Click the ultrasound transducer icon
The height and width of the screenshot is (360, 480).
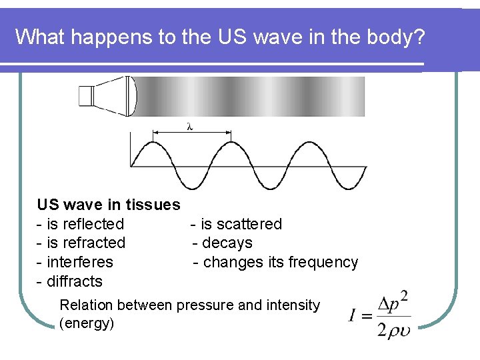click(107, 96)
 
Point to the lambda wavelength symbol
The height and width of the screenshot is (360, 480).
click(190, 127)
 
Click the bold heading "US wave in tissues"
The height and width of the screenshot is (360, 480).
click(109, 205)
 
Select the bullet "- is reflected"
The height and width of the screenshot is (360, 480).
click(81, 224)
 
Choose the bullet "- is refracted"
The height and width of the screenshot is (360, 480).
click(81, 243)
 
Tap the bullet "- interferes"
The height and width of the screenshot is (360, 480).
click(75, 262)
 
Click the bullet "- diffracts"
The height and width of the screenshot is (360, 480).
click(70, 281)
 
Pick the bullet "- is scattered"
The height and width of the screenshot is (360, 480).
click(237, 224)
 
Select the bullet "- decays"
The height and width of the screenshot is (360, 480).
click(223, 243)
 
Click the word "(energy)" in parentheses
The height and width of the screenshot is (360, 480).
click(87, 324)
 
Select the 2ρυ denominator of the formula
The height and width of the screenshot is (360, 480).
click(393, 329)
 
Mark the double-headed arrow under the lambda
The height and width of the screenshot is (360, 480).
click(192, 134)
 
